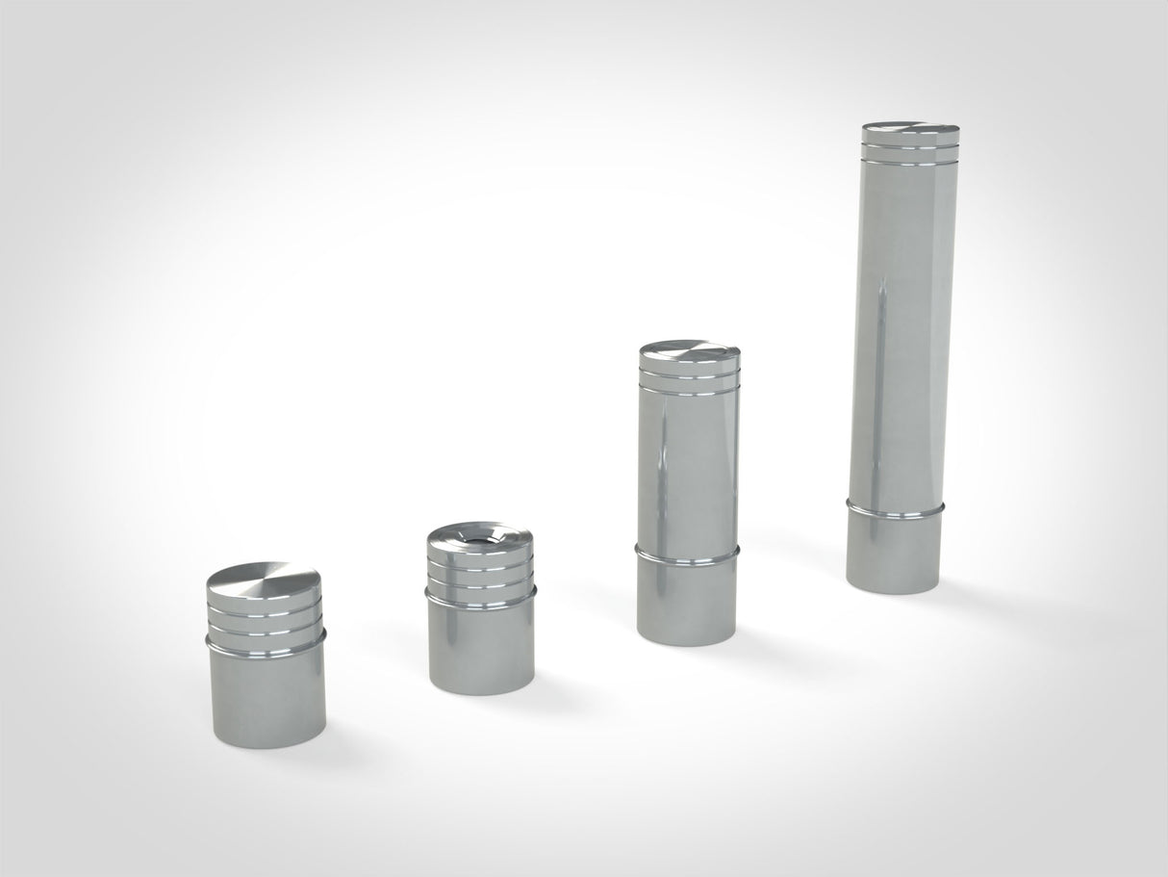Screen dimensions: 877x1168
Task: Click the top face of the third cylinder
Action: tap(689, 350)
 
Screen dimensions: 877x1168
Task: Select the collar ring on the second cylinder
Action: tap(480, 603)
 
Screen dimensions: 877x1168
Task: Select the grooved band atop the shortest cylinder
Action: tap(264, 616)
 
